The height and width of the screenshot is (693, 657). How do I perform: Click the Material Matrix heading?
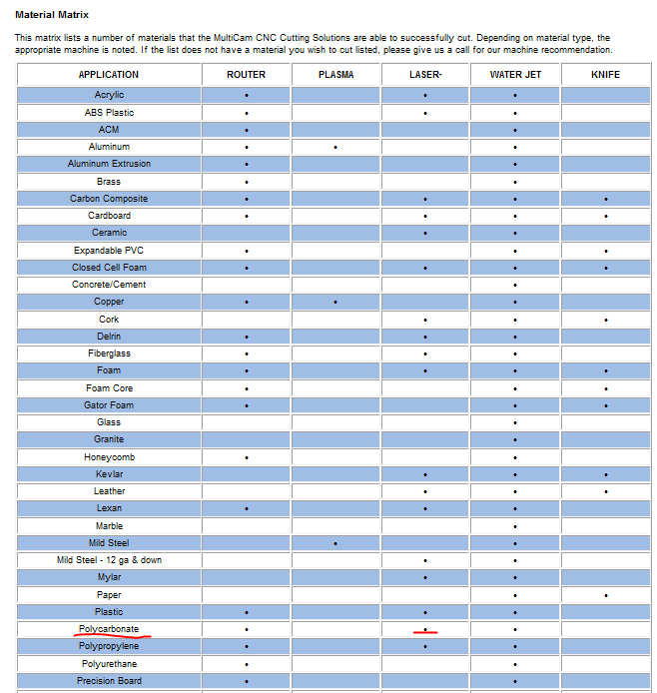click(52, 15)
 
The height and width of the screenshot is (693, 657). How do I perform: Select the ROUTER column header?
click(246, 75)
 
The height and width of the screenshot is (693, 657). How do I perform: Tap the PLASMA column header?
click(335, 75)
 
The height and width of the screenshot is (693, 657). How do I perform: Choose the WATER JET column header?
click(515, 75)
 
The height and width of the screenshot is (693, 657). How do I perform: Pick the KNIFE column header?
click(605, 75)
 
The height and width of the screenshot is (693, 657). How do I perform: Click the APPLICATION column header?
click(109, 75)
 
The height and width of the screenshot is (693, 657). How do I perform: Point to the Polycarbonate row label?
click(109, 629)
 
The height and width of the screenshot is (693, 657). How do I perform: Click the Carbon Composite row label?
click(109, 199)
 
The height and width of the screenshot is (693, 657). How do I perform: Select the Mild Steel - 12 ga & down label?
click(109, 560)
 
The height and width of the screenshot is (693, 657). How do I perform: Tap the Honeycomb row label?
click(109, 457)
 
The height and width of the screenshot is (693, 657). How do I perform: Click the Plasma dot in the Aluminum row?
click(335, 148)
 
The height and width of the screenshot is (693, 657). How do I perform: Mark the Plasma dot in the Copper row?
click(335, 303)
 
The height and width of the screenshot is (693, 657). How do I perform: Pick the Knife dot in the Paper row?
click(605, 596)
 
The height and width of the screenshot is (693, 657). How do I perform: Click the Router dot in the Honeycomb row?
click(246, 458)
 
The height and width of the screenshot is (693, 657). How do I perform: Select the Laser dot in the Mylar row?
click(425, 578)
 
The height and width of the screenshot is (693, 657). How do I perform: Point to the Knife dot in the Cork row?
click(605, 321)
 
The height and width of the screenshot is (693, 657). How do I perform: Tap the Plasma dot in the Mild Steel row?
click(335, 544)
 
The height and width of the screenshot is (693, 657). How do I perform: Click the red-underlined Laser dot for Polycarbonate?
click(425, 629)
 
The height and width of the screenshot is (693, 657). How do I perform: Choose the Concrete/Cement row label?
click(109, 285)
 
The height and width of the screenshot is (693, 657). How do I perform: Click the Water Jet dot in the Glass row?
click(515, 423)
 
